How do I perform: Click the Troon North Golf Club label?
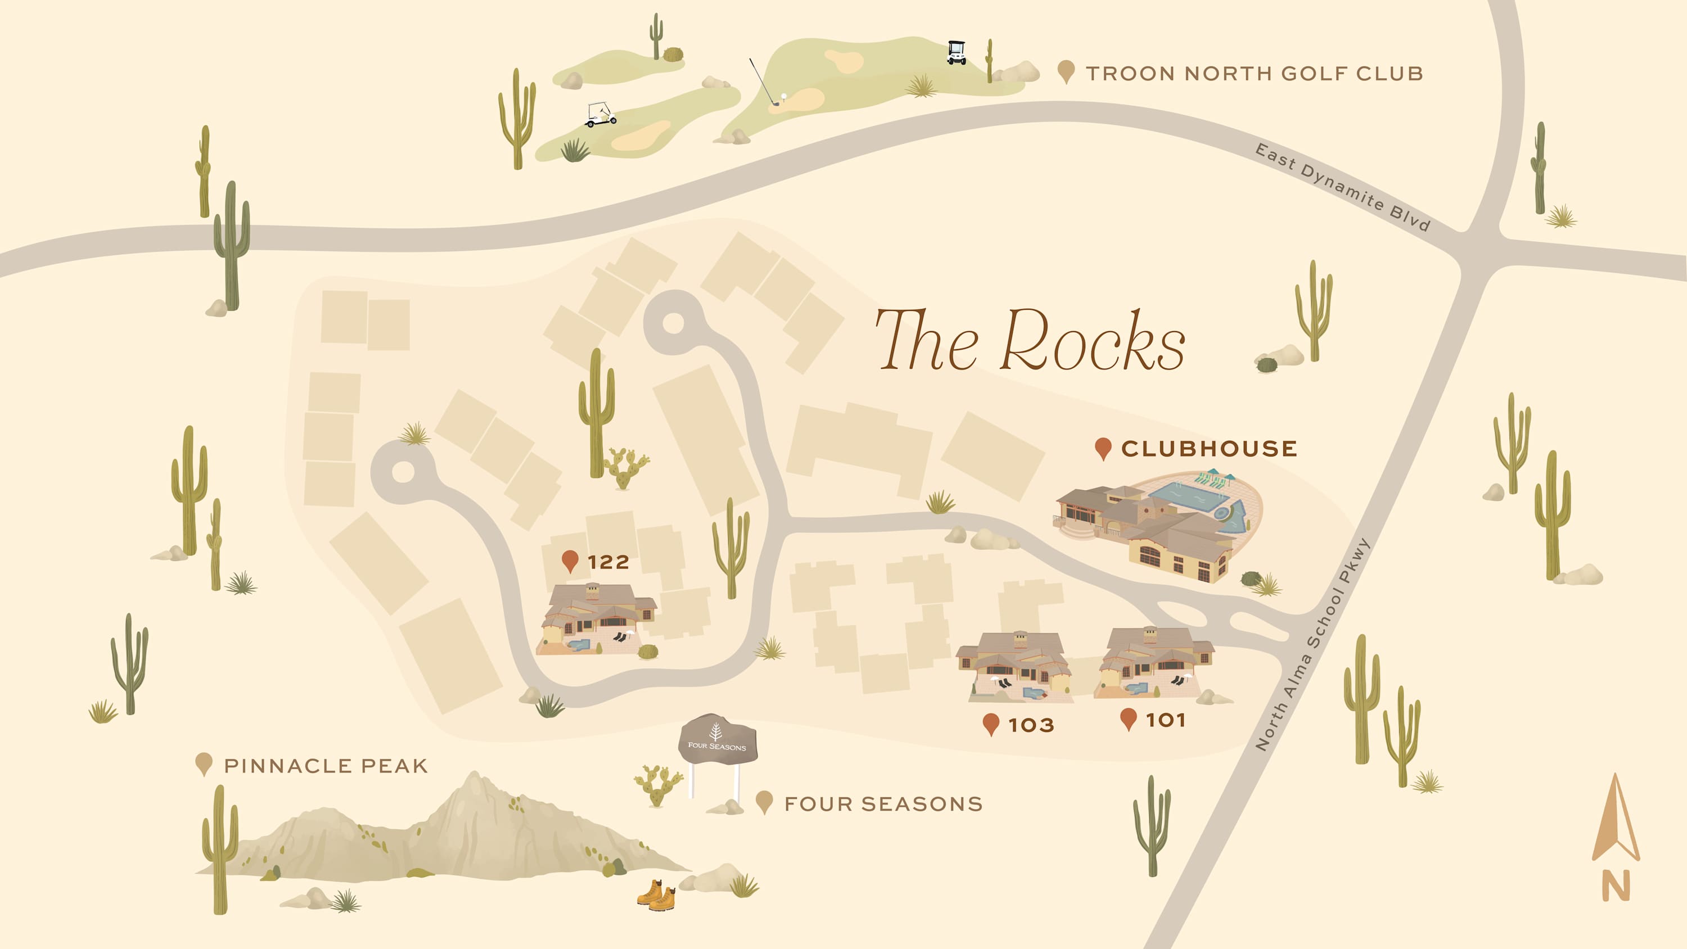(x=1254, y=73)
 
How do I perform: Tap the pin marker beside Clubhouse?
(x=1103, y=448)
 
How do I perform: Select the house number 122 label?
(x=608, y=562)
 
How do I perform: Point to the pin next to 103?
(x=991, y=724)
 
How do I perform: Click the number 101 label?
(x=1166, y=720)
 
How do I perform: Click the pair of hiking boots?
(x=656, y=895)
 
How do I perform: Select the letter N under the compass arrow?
(x=1616, y=886)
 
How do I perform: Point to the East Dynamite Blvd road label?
(x=1342, y=187)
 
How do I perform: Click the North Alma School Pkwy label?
(x=1312, y=645)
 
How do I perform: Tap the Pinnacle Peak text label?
(x=326, y=766)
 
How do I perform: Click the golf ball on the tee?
(x=783, y=96)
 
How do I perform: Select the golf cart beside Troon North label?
(x=956, y=52)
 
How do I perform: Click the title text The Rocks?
(x=1030, y=341)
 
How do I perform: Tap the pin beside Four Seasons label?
(x=764, y=801)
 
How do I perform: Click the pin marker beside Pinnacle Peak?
(x=204, y=763)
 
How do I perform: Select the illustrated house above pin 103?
(x=1015, y=667)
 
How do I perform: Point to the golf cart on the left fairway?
(x=601, y=115)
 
